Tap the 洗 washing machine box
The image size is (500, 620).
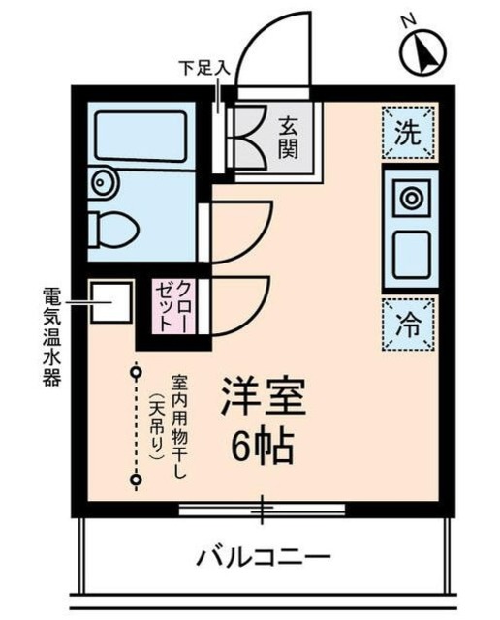(409, 134)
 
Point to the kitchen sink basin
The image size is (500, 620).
(410, 254)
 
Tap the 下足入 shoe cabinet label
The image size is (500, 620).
(203, 69)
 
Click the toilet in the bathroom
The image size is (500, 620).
(113, 231)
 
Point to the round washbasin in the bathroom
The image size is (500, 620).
(100, 181)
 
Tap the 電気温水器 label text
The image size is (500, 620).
(50, 335)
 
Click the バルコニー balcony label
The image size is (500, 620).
(265, 558)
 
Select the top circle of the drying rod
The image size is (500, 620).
(137, 371)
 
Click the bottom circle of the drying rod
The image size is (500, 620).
(137, 479)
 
